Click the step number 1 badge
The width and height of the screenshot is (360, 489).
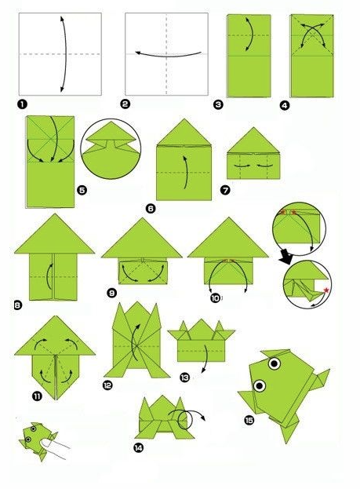point(23,104)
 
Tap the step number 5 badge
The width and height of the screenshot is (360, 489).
point(82,190)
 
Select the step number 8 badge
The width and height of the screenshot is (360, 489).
point(18,305)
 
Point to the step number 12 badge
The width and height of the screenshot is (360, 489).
point(107,385)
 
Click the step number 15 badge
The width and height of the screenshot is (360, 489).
point(249,421)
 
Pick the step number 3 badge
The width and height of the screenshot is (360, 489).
point(218,104)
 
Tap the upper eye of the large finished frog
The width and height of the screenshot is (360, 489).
point(275,363)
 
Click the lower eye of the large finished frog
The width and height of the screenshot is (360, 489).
point(260,385)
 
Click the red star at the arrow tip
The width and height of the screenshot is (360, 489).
point(326,290)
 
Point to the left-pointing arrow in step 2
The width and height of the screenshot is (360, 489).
point(169,54)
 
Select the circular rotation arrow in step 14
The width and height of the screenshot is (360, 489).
point(187,418)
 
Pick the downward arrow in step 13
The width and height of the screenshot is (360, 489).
point(205,359)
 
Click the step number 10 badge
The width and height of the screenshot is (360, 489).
point(216,298)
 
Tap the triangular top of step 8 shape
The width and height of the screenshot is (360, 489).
point(55,234)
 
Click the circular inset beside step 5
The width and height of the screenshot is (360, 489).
point(111,149)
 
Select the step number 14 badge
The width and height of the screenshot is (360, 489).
point(138,448)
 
